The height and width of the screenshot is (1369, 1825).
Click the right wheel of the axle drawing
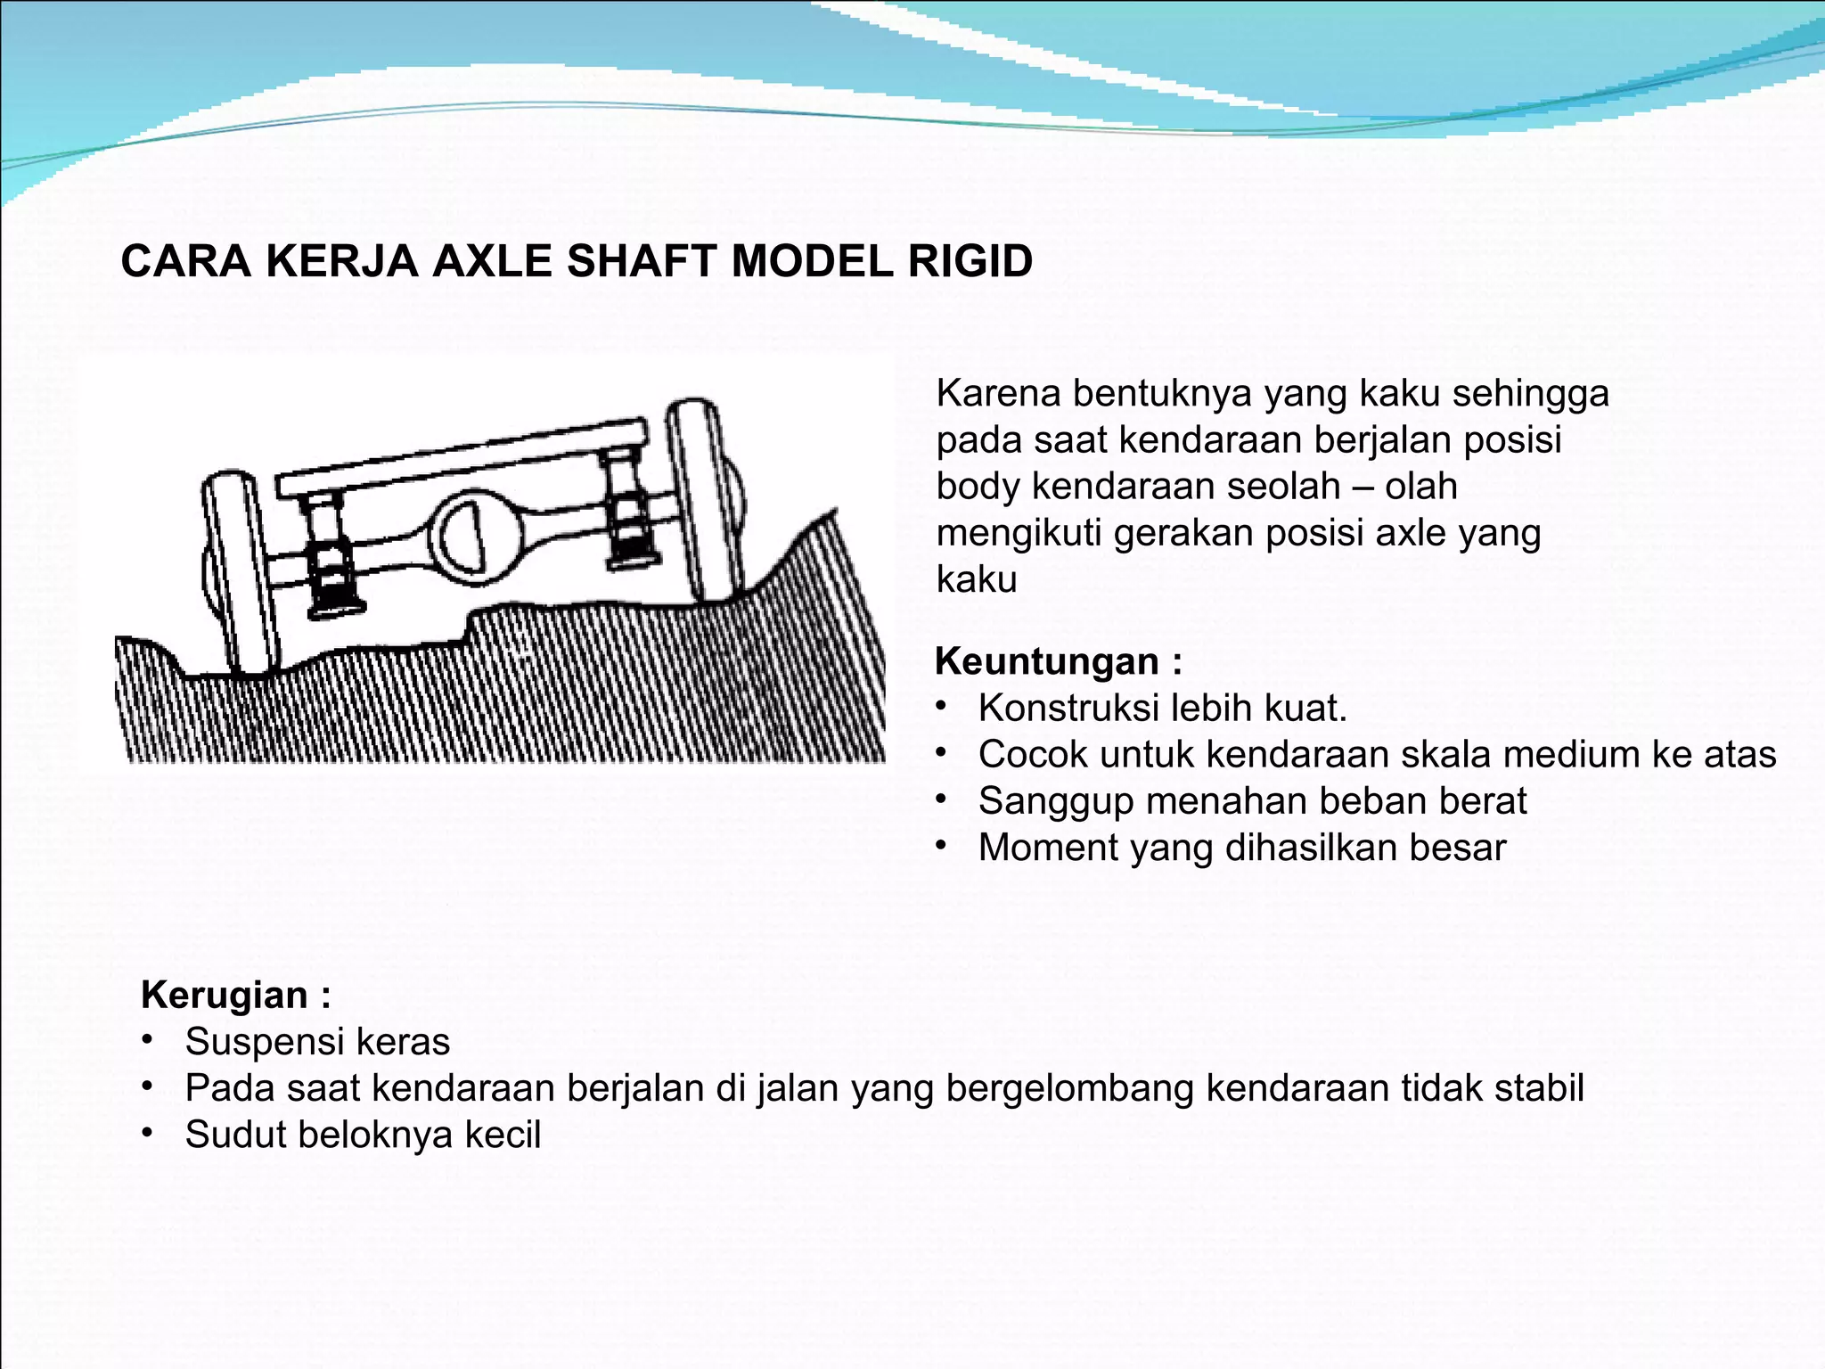tap(704, 499)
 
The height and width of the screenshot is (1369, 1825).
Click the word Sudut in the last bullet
tap(235, 1135)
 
